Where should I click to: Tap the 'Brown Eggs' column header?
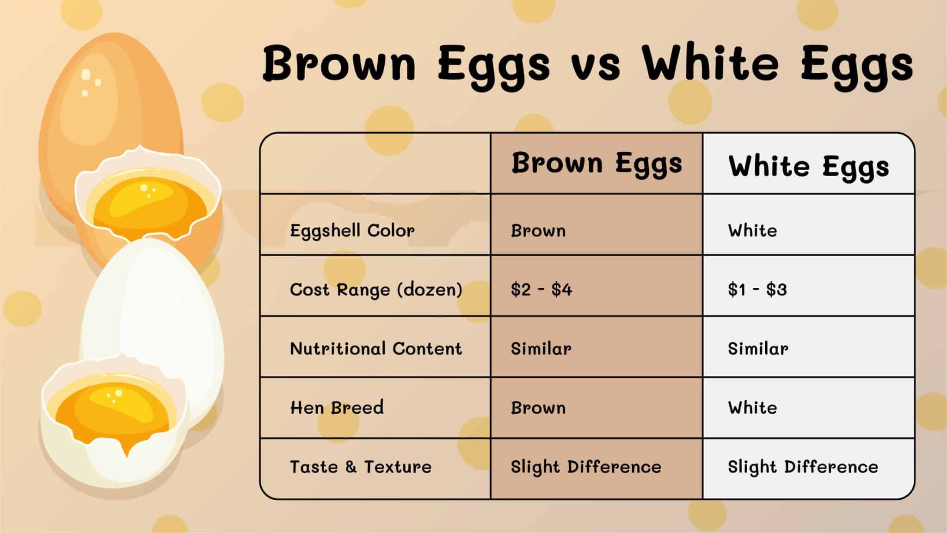tap(596, 164)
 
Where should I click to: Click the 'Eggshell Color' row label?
tap(352, 230)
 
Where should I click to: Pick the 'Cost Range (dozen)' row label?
tap(376, 290)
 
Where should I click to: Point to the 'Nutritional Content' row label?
tap(376, 348)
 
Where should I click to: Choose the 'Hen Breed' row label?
tap(337, 408)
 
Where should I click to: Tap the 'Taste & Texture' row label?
tap(361, 467)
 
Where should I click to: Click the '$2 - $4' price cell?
tap(541, 290)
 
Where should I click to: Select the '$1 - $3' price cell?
tap(757, 290)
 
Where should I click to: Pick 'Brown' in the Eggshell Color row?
tap(538, 230)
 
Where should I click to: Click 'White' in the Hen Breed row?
tap(752, 408)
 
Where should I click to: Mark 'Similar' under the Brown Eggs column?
tap(541, 348)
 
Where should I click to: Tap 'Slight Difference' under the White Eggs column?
tap(803, 467)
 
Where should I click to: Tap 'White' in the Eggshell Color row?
tap(752, 230)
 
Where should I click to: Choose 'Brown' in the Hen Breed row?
tap(538, 408)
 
